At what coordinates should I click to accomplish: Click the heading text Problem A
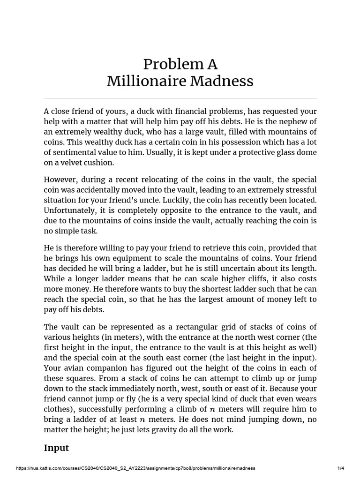[x=180, y=64]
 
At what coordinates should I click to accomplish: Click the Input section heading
[x=56, y=448]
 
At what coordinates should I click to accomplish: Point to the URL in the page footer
[x=136, y=468]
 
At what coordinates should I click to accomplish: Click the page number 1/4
[x=341, y=468]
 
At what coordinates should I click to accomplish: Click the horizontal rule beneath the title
[x=180, y=98]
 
